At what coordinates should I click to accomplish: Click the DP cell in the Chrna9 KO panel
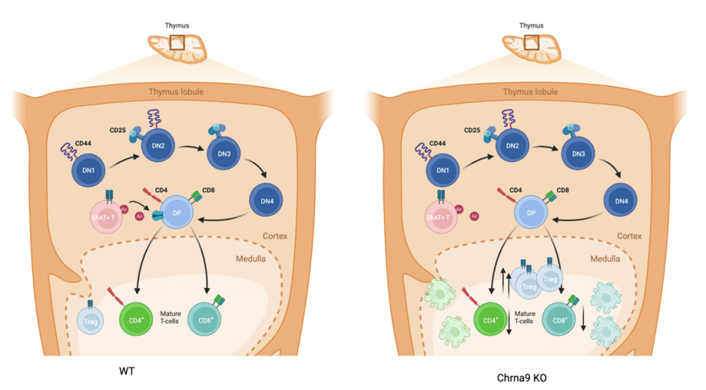532,213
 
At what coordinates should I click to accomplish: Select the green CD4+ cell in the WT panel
135,319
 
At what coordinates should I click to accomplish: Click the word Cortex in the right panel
628,236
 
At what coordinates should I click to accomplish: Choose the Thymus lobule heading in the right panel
530,92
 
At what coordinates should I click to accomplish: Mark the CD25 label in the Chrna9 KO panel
472,130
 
